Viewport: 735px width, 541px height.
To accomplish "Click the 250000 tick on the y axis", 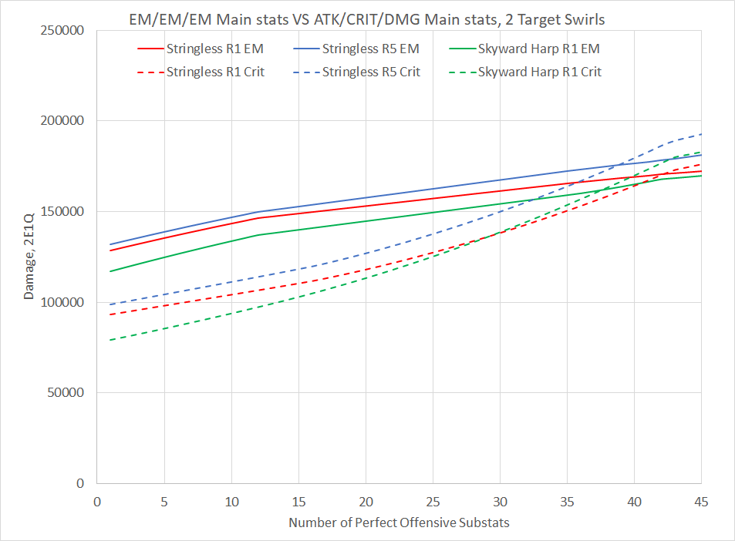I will tap(66, 31).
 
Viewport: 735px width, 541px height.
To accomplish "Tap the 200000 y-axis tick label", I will tap(66, 121).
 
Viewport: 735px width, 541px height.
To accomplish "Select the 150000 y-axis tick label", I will tap(66, 212).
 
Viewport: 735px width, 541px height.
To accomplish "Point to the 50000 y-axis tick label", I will tap(69, 393).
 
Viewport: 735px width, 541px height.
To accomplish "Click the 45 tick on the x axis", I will tap(701, 500).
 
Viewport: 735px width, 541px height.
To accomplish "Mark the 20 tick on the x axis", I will tap(366, 500).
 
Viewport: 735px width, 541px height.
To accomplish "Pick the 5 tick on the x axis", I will tap(164, 500).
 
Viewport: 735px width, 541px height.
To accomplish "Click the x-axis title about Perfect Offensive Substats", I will tap(399, 523).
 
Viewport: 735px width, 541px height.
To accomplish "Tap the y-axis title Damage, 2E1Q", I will tap(29, 257).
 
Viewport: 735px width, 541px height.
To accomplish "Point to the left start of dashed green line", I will tap(110, 340).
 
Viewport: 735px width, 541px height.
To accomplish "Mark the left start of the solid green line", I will tap(110, 271).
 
